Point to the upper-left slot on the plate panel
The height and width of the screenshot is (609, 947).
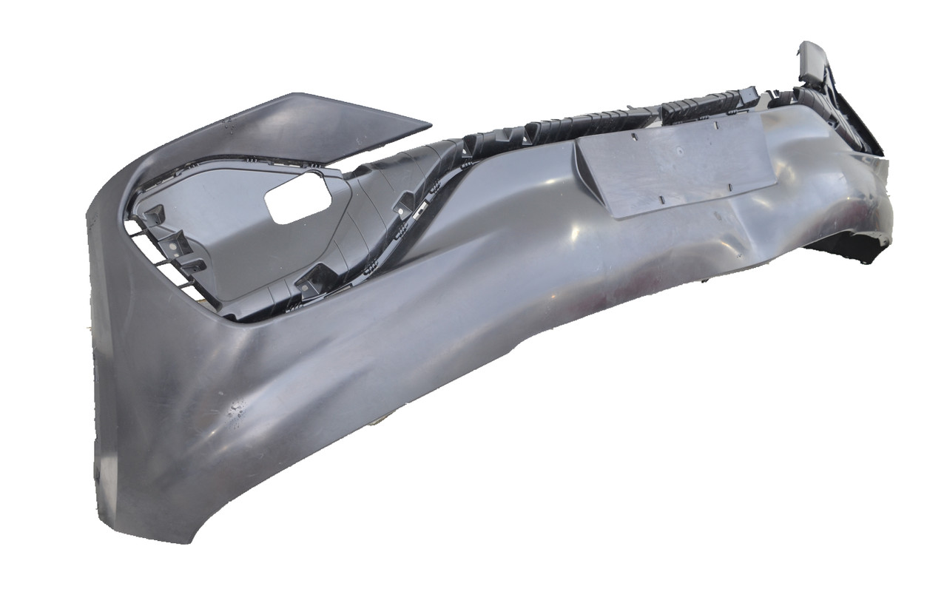636,135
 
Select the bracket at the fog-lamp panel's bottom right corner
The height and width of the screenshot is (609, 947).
314,280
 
